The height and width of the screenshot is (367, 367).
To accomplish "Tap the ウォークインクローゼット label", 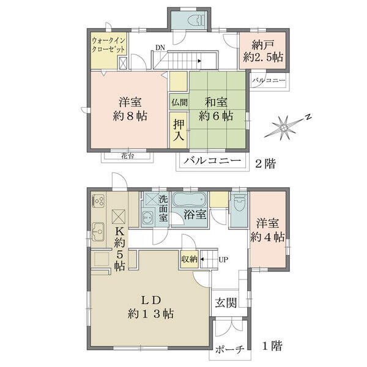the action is click(109, 45).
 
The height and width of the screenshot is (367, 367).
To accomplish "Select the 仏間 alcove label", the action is click(179, 102).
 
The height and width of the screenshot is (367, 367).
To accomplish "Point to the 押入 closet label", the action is click(179, 130).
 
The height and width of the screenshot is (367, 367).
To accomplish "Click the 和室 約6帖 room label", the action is click(216, 109).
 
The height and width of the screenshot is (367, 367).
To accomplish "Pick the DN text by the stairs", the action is click(160, 48).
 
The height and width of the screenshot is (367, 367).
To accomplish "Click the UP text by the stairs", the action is click(223, 259).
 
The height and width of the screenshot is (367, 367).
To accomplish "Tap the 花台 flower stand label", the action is click(128, 155).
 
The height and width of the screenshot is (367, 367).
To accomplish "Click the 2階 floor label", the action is click(265, 163).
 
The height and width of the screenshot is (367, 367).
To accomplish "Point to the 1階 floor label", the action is click(272, 346).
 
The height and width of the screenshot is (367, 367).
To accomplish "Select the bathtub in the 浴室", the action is click(190, 199).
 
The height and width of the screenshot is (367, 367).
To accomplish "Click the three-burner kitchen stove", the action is click(98, 201).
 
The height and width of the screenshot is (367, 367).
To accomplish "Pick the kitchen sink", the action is click(98, 232).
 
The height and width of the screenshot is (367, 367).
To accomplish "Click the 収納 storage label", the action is click(190, 259).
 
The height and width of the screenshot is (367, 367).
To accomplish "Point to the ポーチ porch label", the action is click(229, 350).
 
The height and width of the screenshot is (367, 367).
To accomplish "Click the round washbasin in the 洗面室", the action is click(147, 216).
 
